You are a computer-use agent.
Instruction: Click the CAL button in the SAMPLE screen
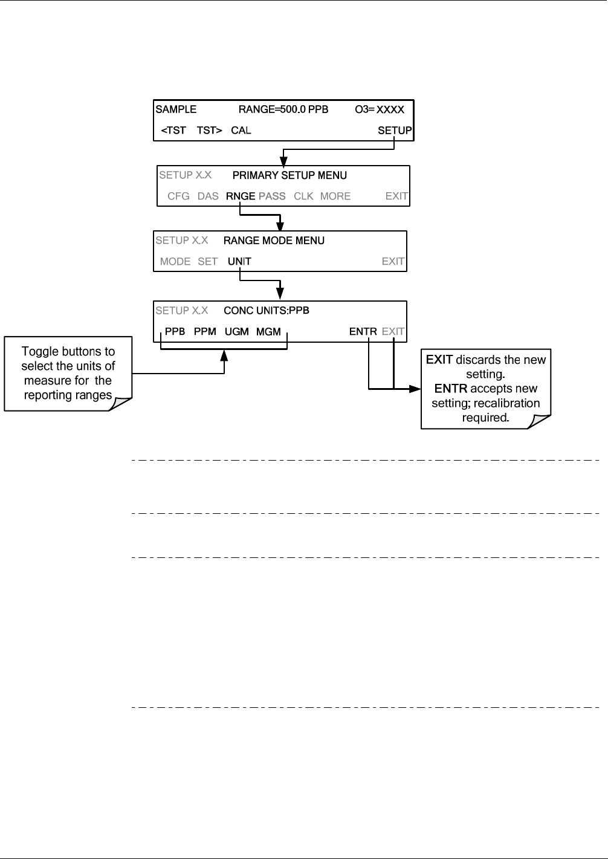coord(241,131)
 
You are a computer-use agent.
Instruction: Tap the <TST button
coord(173,131)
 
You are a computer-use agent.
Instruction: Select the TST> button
coord(209,131)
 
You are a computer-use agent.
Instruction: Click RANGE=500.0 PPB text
coord(283,109)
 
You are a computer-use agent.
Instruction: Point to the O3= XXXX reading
coord(379,109)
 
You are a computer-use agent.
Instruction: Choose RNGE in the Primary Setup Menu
coord(241,196)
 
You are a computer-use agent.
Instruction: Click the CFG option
coord(178,196)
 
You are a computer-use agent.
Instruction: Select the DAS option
coord(208,196)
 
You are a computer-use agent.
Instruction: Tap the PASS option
coord(272,196)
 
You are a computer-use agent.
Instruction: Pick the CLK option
coord(303,196)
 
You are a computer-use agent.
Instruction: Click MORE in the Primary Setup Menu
coord(335,196)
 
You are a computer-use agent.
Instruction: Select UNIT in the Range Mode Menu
coord(239,261)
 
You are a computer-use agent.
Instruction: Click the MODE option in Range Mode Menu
coord(175,261)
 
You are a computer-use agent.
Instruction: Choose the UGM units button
coord(236,331)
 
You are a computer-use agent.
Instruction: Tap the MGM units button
coord(268,331)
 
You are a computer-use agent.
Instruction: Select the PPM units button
coord(205,331)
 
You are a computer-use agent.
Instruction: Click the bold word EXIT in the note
coord(439,360)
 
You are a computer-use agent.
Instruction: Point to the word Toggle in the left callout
coord(39,352)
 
